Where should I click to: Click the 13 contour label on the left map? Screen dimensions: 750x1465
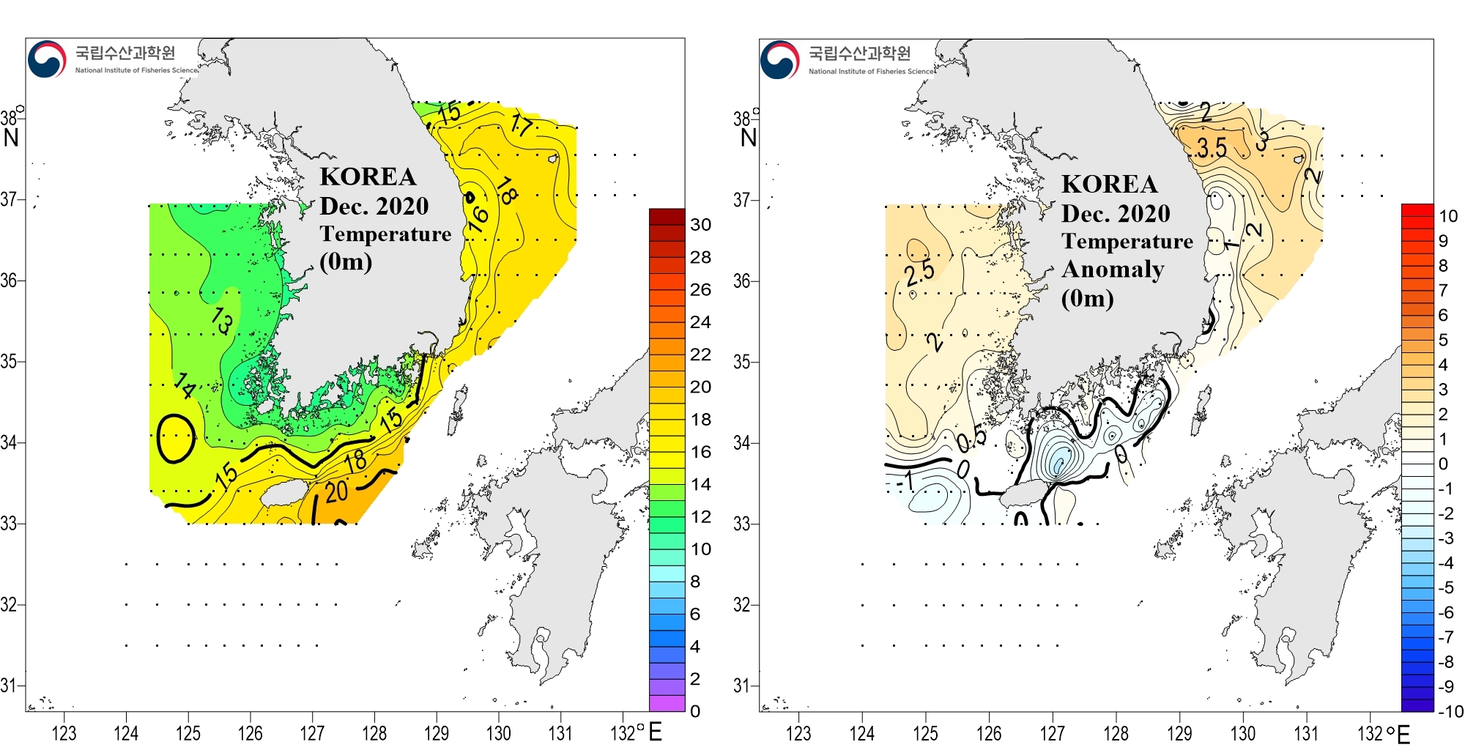point(222,321)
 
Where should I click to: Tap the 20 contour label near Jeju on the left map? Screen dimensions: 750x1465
point(336,491)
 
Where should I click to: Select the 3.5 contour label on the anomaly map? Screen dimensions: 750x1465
point(1212,148)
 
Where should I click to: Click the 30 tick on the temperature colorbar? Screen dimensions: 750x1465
point(700,225)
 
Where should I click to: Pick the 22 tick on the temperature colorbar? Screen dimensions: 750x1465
point(700,354)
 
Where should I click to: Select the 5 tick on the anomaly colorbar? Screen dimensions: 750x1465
point(1443,340)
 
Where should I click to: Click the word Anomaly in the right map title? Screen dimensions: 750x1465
point(1113,270)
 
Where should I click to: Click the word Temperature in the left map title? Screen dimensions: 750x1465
point(385,234)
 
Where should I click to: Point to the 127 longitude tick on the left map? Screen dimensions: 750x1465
point(312,732)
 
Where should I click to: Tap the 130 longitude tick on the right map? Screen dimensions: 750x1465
point(1242,732)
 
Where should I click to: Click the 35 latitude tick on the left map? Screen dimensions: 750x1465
point(9,361)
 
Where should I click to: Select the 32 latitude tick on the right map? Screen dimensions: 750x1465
point(742,605)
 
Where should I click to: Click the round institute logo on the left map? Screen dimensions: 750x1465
point(47,59)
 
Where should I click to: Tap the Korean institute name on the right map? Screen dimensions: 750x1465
point(859,53)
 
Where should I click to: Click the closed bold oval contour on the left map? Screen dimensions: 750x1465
point(176,438)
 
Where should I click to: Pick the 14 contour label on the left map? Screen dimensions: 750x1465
point(185,385)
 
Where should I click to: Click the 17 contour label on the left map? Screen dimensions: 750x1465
point(521,125)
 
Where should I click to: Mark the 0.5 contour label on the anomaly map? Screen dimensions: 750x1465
point(971,439)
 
